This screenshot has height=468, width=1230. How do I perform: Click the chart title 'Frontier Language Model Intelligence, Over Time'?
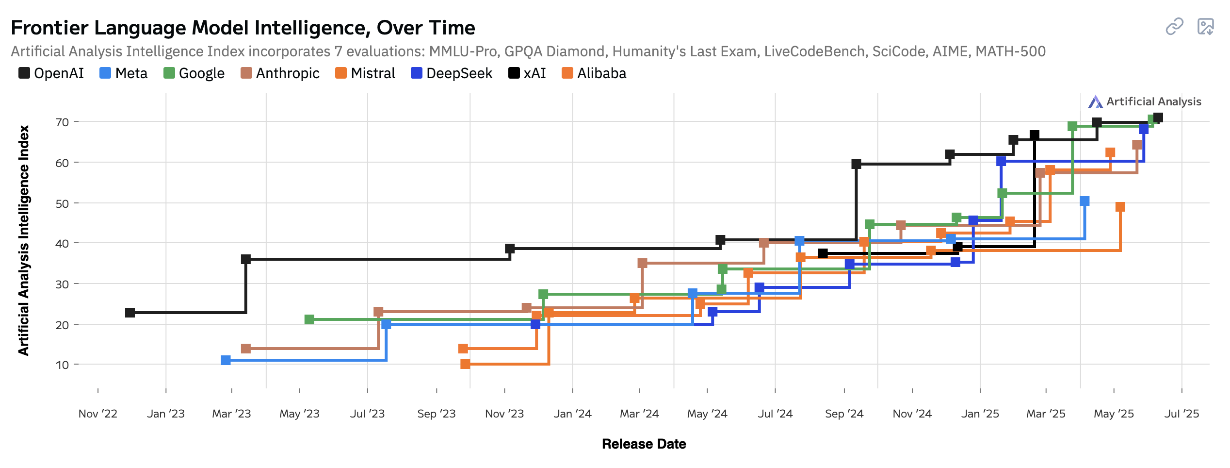tap(243, 28)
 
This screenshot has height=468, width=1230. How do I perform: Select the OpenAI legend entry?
tap(51, 73)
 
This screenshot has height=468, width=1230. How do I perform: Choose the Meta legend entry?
tap(123, 73)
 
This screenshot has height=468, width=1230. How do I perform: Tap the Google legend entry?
tap(194, 73)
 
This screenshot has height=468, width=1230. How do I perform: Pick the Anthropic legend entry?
tap(280, 73)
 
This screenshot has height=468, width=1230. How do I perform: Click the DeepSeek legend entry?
tap(451, 73)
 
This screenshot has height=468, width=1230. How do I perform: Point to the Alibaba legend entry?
tap(594, 73)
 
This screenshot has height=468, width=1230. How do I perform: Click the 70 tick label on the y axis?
tap(62, 122)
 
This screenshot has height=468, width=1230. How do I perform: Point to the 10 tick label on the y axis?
tap(62, 365)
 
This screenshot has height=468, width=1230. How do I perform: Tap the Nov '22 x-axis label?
tap(98, 414)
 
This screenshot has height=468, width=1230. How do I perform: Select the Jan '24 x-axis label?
tap(572, 414)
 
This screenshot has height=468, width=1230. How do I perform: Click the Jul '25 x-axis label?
tap(1181, 414)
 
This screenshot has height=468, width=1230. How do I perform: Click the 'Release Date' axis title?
tap(644, 444)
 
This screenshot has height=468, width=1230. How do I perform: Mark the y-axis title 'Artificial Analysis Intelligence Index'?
tap(23, 240)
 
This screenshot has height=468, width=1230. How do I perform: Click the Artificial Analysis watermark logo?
tap(1095, 102)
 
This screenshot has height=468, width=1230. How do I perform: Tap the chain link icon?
tap(1174, 27)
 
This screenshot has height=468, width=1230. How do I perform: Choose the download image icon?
tap(1205, 27)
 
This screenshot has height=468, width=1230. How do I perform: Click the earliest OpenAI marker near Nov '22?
tap(130, 313)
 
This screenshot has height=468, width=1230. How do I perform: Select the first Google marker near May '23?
tap(309, 319)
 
